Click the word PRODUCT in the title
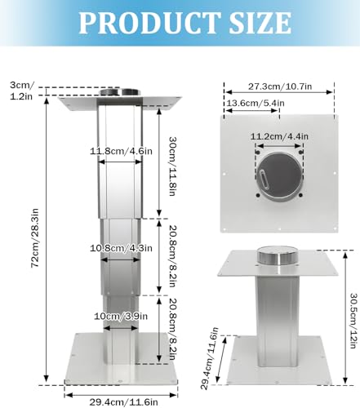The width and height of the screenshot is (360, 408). [x=139, y=22]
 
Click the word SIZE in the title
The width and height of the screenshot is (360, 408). [x=252, y=22]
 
